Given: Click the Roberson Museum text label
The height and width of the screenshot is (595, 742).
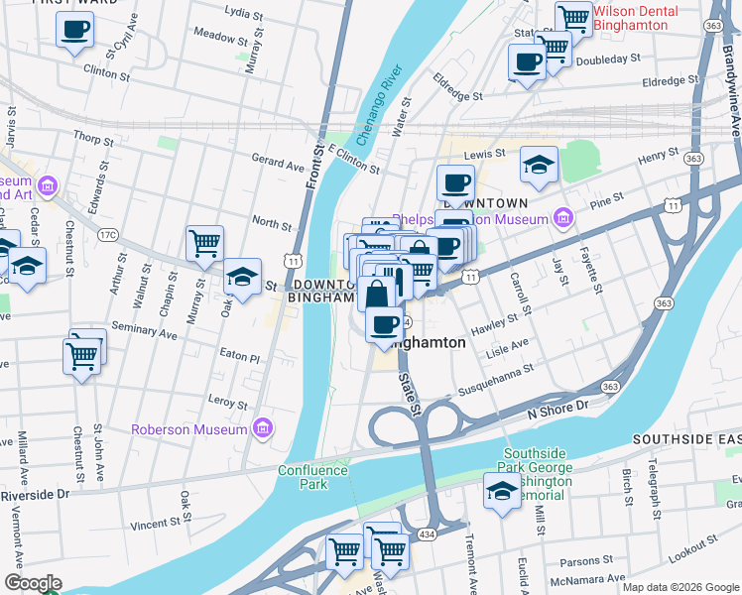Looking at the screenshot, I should pyautogui.click(x=189, y=429).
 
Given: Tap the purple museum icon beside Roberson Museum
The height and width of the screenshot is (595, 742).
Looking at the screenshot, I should pyautogui.click(x=263, y=428).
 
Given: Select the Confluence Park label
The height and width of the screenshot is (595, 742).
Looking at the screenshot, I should pyautogui.click(x=303, y=478).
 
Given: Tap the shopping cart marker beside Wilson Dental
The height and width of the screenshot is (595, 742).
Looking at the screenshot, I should pyautogui.click(x=573, y=17).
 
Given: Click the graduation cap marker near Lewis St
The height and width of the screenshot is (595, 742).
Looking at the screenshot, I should pyautogui.click(x=539, y=164).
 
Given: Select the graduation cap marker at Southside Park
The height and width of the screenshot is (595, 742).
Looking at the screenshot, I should pyautogui.click(x=502, y=491).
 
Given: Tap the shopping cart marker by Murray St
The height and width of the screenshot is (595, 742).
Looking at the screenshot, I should pyautogui.click(x=204, y=242).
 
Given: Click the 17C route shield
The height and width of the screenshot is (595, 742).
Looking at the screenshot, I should pyautogui.click(x=107, y=235).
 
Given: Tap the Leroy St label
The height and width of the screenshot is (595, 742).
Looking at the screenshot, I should pyautogui.click(x=228, y=404).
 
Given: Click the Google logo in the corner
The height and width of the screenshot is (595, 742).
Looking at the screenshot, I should pyautogui.click(x=34, y=583).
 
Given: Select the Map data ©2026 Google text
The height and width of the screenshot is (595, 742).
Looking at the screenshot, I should pyautogui.click(x=680, y=587).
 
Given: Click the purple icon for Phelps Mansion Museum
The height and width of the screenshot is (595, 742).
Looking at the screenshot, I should pyautogui.click(x=563, y=217).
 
